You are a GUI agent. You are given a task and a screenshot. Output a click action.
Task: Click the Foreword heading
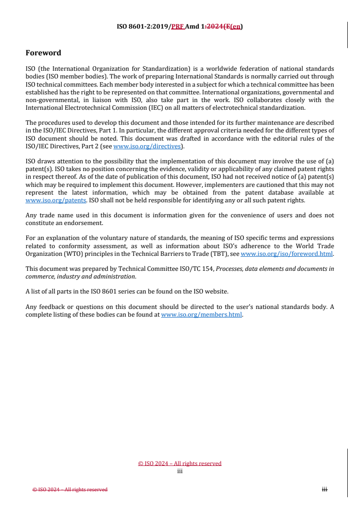click(x=43, y=53)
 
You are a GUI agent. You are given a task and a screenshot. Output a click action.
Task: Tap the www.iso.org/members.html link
click(x=202, y=314)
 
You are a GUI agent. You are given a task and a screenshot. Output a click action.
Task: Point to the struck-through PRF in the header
click(x=177, y=26)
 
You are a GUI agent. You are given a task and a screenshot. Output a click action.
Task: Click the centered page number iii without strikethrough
click(x=180, y=471)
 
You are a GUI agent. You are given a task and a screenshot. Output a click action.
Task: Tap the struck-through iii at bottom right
click(x=324, y=489)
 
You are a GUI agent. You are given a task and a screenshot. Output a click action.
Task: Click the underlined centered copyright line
click(x=180, y=463)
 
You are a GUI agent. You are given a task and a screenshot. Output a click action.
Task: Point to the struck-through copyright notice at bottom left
click(x=70, y=489)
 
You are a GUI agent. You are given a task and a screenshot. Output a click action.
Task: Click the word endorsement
click(x=85, y=223)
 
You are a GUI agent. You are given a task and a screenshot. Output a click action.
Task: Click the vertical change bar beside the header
click(x=347, y=35)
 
